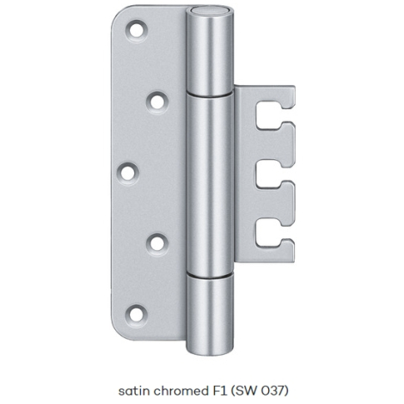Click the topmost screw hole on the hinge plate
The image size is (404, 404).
point(137,30)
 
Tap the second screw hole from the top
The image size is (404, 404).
point(157,102)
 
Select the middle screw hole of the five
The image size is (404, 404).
point(128,173)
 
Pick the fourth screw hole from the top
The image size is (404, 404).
point(157,244)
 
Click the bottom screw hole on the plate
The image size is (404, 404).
point(136,315)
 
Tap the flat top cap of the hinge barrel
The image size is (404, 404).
point(210,12)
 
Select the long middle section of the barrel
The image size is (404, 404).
point(210,185)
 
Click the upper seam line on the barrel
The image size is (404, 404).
point(210,95)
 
